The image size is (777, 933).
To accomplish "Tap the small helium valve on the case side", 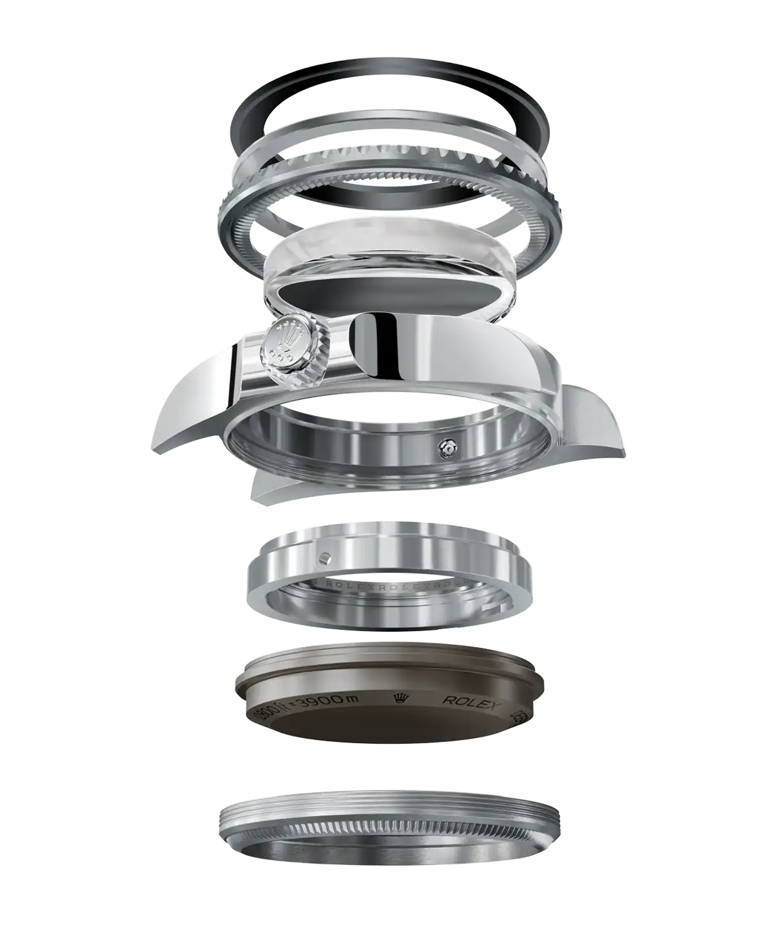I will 445,446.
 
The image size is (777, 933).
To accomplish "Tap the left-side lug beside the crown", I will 188,415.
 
